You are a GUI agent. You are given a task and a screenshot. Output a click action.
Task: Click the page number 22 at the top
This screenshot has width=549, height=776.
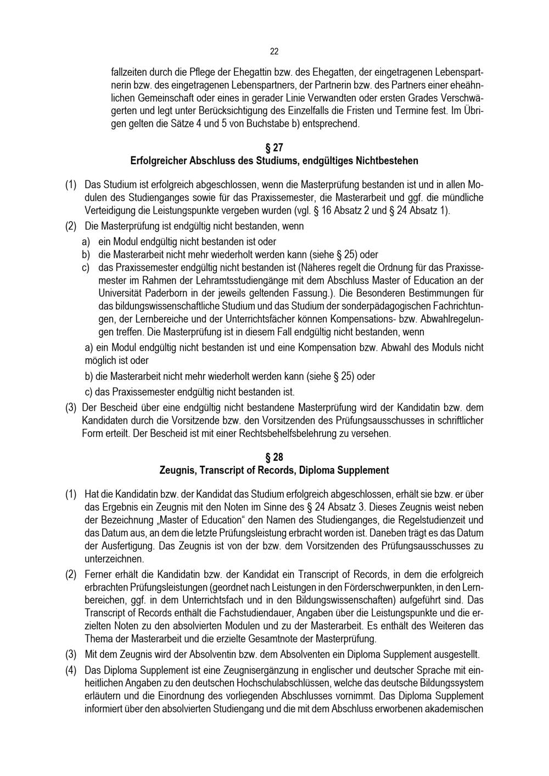point(274,52)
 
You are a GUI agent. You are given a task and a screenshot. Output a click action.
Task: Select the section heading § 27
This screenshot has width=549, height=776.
point(274,148)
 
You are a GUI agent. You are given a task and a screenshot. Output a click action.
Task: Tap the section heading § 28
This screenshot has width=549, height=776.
point(274,457)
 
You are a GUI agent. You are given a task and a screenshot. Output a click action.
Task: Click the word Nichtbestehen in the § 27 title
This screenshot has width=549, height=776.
point(387,161)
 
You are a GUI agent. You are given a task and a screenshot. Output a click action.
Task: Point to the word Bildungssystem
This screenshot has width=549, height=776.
point(453,683)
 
